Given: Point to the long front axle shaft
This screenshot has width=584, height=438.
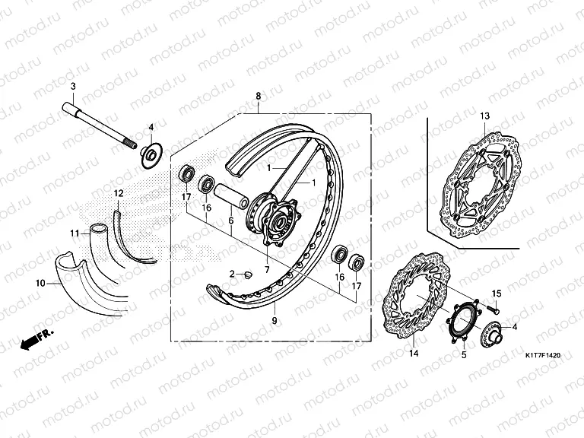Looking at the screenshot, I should tap(99, 122).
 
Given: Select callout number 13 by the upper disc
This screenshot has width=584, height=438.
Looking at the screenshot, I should tap(485, 115).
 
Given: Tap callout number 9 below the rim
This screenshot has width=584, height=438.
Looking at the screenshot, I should tap(274, 322).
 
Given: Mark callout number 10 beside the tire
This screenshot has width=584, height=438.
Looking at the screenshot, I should tap(40, 282).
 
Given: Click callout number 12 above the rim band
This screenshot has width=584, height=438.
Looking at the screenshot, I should tap(118, 193).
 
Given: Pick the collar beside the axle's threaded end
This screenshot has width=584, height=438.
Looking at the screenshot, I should tap(150, 155).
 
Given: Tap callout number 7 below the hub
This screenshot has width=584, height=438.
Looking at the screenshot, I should tap(267, 269).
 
